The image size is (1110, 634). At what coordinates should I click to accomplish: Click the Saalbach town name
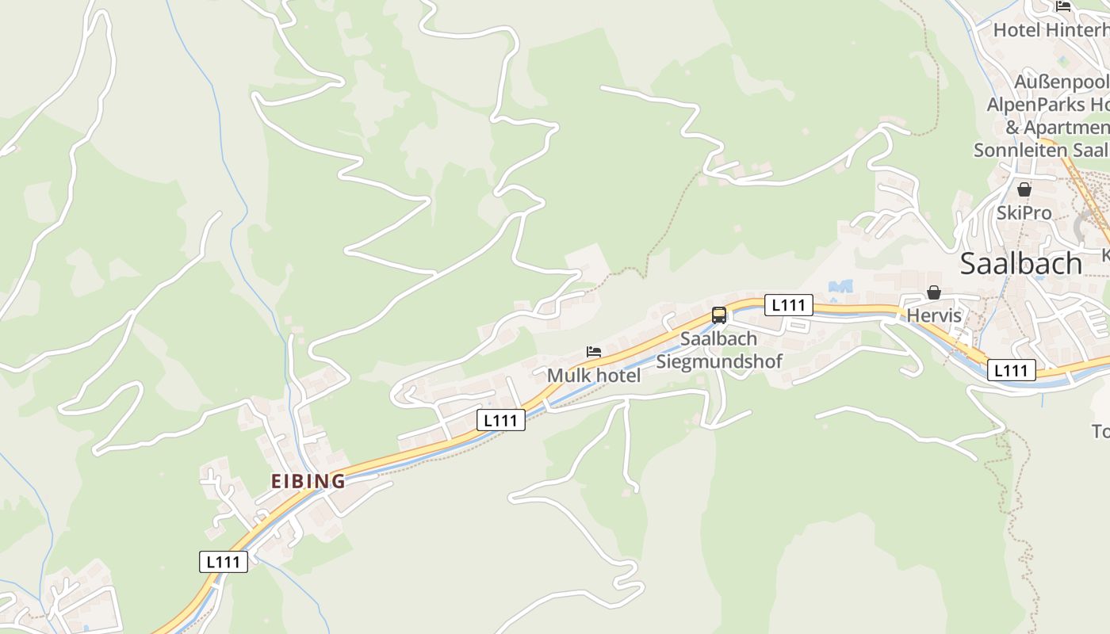pyautogui.click(x=1020, y=263)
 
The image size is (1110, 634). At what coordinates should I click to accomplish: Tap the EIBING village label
pyautogui.click(x=308, y=481)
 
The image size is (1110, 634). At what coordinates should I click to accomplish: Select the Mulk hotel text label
pyautogui.click(x=594, y=375)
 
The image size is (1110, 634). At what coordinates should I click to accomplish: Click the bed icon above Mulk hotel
pyautogui.click(x=594, y=351)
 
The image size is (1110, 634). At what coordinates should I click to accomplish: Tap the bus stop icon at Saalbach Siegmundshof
pyautogui.click(x=719, y=315)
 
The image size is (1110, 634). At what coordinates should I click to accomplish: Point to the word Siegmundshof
pyautogui.click(x=719, y=361)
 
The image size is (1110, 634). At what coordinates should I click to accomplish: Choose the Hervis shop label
pyautogui.click(x=934, y=315)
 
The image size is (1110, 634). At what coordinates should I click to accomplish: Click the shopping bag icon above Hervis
pyautogui.click(x=934, y=292)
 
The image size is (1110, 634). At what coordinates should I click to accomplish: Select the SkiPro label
pyautogui.click(x=1024, y=212)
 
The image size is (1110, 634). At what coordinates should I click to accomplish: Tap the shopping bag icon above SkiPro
pyautogui.click(x=1024, y=189)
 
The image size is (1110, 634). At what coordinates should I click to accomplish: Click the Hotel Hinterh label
pyautogui.click(x=1051, y=30)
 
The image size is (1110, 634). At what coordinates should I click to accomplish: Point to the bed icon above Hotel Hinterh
pyautogui.click(x=1063, y=6)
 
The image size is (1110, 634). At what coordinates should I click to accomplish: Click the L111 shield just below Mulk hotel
pyautogui.click(x=501, y=420)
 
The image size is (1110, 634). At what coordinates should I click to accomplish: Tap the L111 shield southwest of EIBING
pyautogui.click(x=223, y=562)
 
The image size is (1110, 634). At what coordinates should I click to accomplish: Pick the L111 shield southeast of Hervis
pyautogui.click(x=1011, y=370)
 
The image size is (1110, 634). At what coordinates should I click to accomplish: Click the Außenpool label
pyautogui.click(x=1061, y=82)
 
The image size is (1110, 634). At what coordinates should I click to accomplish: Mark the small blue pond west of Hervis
pyautogui.click(x=840, y=285)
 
